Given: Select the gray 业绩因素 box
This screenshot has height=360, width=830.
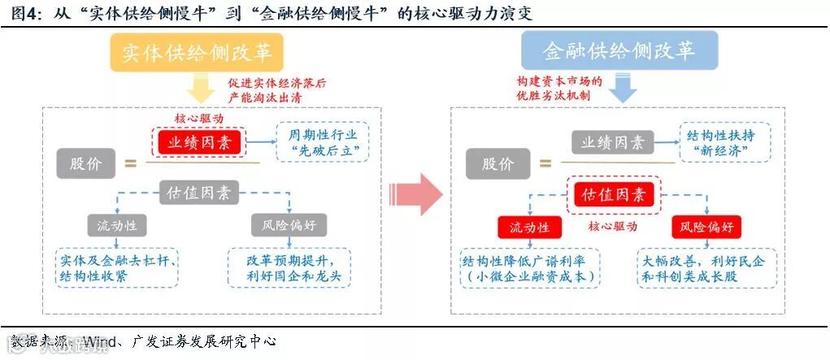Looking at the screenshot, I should pos(612,142).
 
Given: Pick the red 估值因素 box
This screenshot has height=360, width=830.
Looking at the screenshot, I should pos(614,195).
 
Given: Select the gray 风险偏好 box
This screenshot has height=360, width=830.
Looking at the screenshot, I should pos(289,225).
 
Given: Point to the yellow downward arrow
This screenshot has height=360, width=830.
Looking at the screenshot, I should pos(198,88).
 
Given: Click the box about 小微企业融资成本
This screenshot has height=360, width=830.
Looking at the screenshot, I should pos(529,269).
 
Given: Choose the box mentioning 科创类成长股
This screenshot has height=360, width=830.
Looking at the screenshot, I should pos(706,269).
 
